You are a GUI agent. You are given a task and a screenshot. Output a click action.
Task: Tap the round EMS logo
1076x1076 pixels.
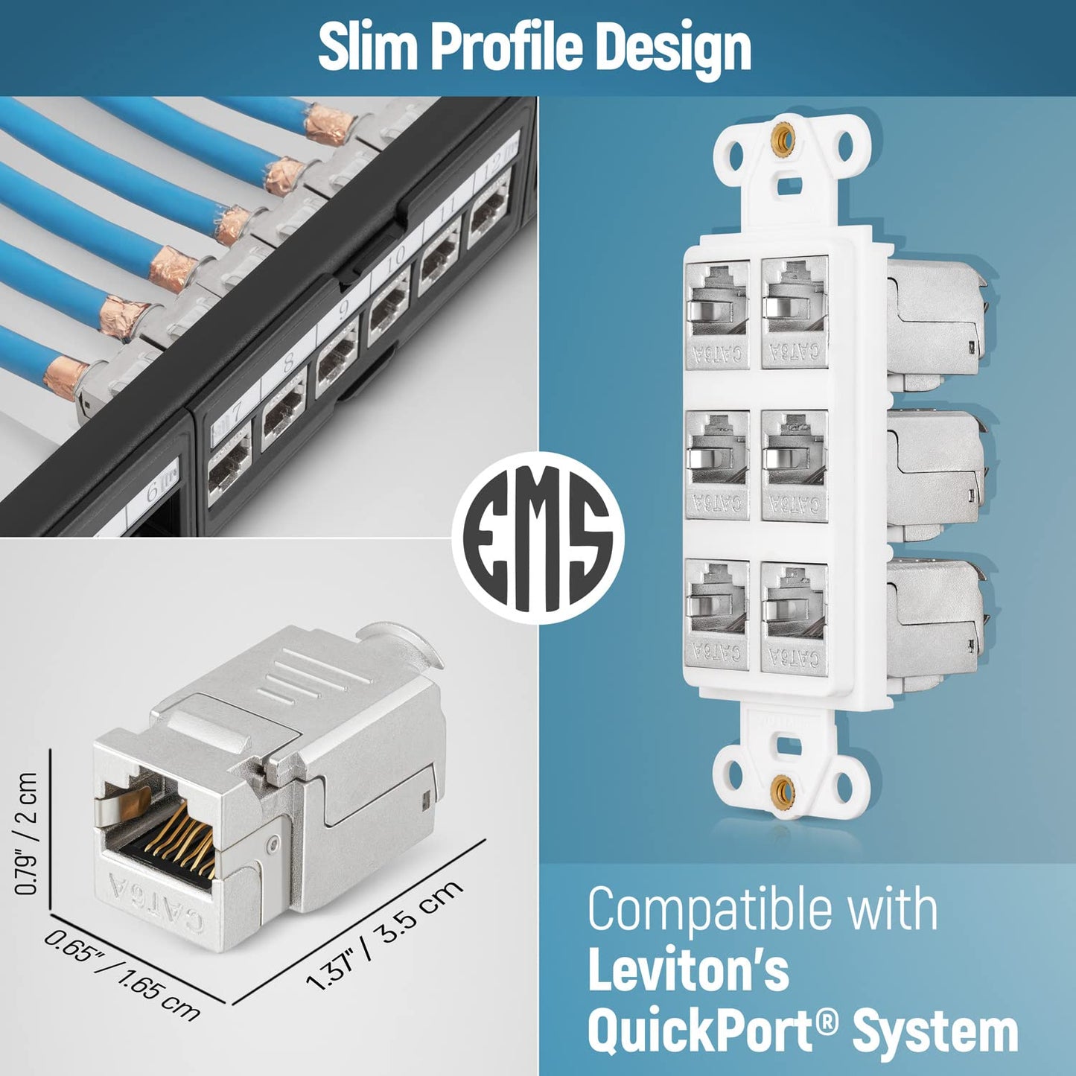click(x=538, y=538)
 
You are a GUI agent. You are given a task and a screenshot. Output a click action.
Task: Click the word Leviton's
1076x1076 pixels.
click(x=688, y=971)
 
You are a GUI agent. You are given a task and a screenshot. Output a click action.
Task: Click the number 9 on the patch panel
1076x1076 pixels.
click(x=345, y=308)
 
